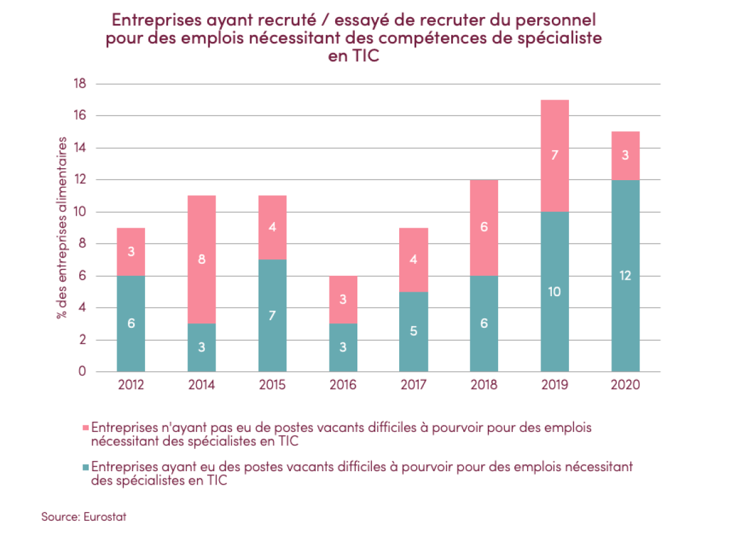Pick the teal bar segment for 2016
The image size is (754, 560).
[343, 355]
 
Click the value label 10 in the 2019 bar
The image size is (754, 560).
[554, 292]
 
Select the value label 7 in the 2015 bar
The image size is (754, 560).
[272, 315]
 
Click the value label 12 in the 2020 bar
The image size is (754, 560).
[625, 275]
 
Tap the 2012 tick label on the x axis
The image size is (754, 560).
[131, 385]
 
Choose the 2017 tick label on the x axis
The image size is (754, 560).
[413, 385]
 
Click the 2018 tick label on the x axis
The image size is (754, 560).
[484, 385]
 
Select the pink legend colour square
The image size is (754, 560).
[87, 427]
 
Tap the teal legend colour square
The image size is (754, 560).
[87, 467]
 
